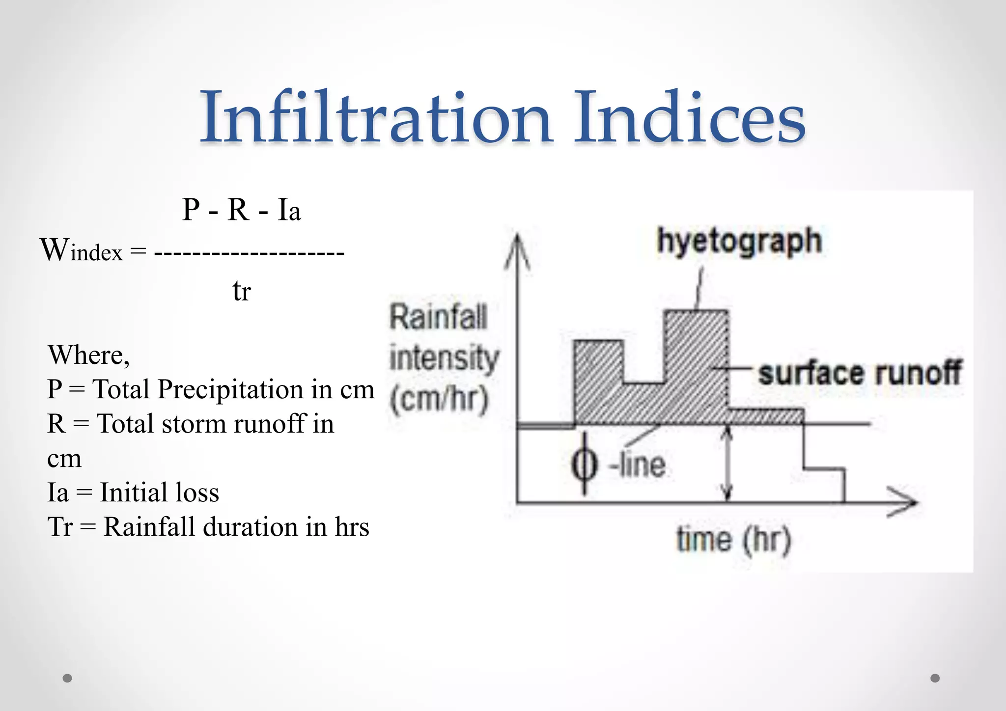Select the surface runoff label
click(x=859, y=373)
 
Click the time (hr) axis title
click(x=733, y=540)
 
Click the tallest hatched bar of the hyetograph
click(x=696, y=363)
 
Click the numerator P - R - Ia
click(x=241, y=210)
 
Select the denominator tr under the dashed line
click(x=241, y=291)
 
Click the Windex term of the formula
click(x=81, y=250)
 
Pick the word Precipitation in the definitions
click(x=230, y=389)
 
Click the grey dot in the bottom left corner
click(x=68, y=678)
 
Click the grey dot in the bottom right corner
click(x=935, y=678)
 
